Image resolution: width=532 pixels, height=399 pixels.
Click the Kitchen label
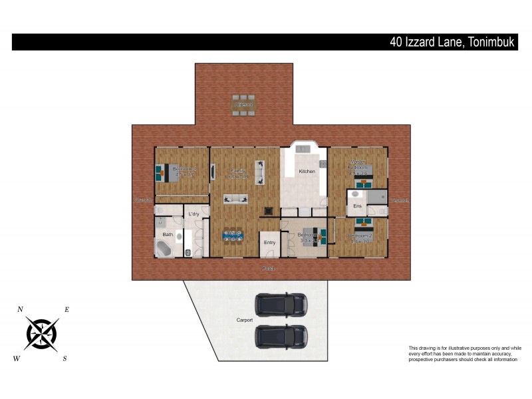click(307, 172)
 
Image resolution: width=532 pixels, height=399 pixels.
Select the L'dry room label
click(194, 214)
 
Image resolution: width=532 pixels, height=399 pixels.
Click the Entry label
click(269, 243)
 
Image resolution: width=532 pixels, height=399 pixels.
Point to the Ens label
click(357, 207)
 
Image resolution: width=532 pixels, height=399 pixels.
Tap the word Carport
click(245, 321)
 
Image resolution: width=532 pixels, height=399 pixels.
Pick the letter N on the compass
click(21, 309)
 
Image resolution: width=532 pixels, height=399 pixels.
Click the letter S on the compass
click(65, 359)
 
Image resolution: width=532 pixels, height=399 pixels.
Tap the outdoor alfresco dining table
click(243, 105)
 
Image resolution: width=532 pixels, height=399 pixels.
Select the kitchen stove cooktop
click(323, 164)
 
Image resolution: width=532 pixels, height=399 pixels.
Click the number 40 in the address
click(398, 42)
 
